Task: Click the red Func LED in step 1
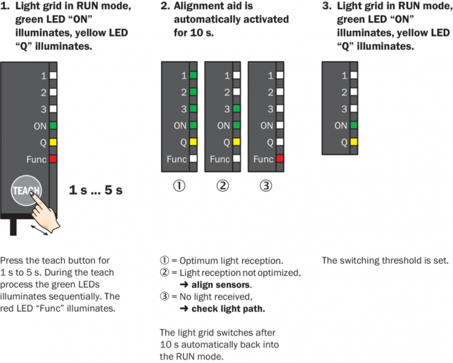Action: coord(53,159)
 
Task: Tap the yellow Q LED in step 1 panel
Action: coord(53,143)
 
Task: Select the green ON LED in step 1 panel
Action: coord(53,126)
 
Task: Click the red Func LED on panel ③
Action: coord(279,159)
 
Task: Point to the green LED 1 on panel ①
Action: coord(193,76)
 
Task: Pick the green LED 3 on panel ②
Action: coord(236,109)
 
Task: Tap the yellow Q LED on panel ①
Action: coord(193,143)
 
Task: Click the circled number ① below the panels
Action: coord(179,186)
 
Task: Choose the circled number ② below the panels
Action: coord(223,186)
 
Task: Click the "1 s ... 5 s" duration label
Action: coord(96,190)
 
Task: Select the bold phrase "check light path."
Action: coord(228,309)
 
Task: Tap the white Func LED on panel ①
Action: coord(193,159)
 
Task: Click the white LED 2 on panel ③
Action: coord(279,93)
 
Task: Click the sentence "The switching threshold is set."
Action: coord(385,261)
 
